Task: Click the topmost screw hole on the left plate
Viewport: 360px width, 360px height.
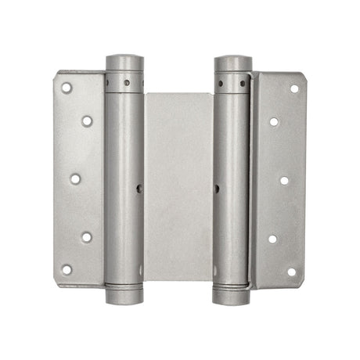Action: point(67,88)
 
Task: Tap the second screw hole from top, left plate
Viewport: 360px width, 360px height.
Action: point(86,121)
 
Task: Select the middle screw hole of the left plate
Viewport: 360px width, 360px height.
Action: point(75,178)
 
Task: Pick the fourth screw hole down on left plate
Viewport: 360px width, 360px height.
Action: point(86,236)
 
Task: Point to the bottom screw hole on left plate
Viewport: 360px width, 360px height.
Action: point(67,269)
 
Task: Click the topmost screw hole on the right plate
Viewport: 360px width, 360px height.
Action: point(294,88)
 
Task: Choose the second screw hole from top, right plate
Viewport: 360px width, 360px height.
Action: point(273,121)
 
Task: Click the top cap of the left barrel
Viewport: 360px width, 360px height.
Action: point(124,61)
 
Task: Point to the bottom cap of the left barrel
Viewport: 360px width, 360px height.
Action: point(124,297)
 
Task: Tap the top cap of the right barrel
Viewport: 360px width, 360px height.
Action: point(232,62)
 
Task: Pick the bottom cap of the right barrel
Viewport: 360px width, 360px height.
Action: point(232,298)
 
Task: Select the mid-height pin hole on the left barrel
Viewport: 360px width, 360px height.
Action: point(139,188)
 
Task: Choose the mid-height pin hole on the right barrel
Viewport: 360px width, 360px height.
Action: point(218,189)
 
